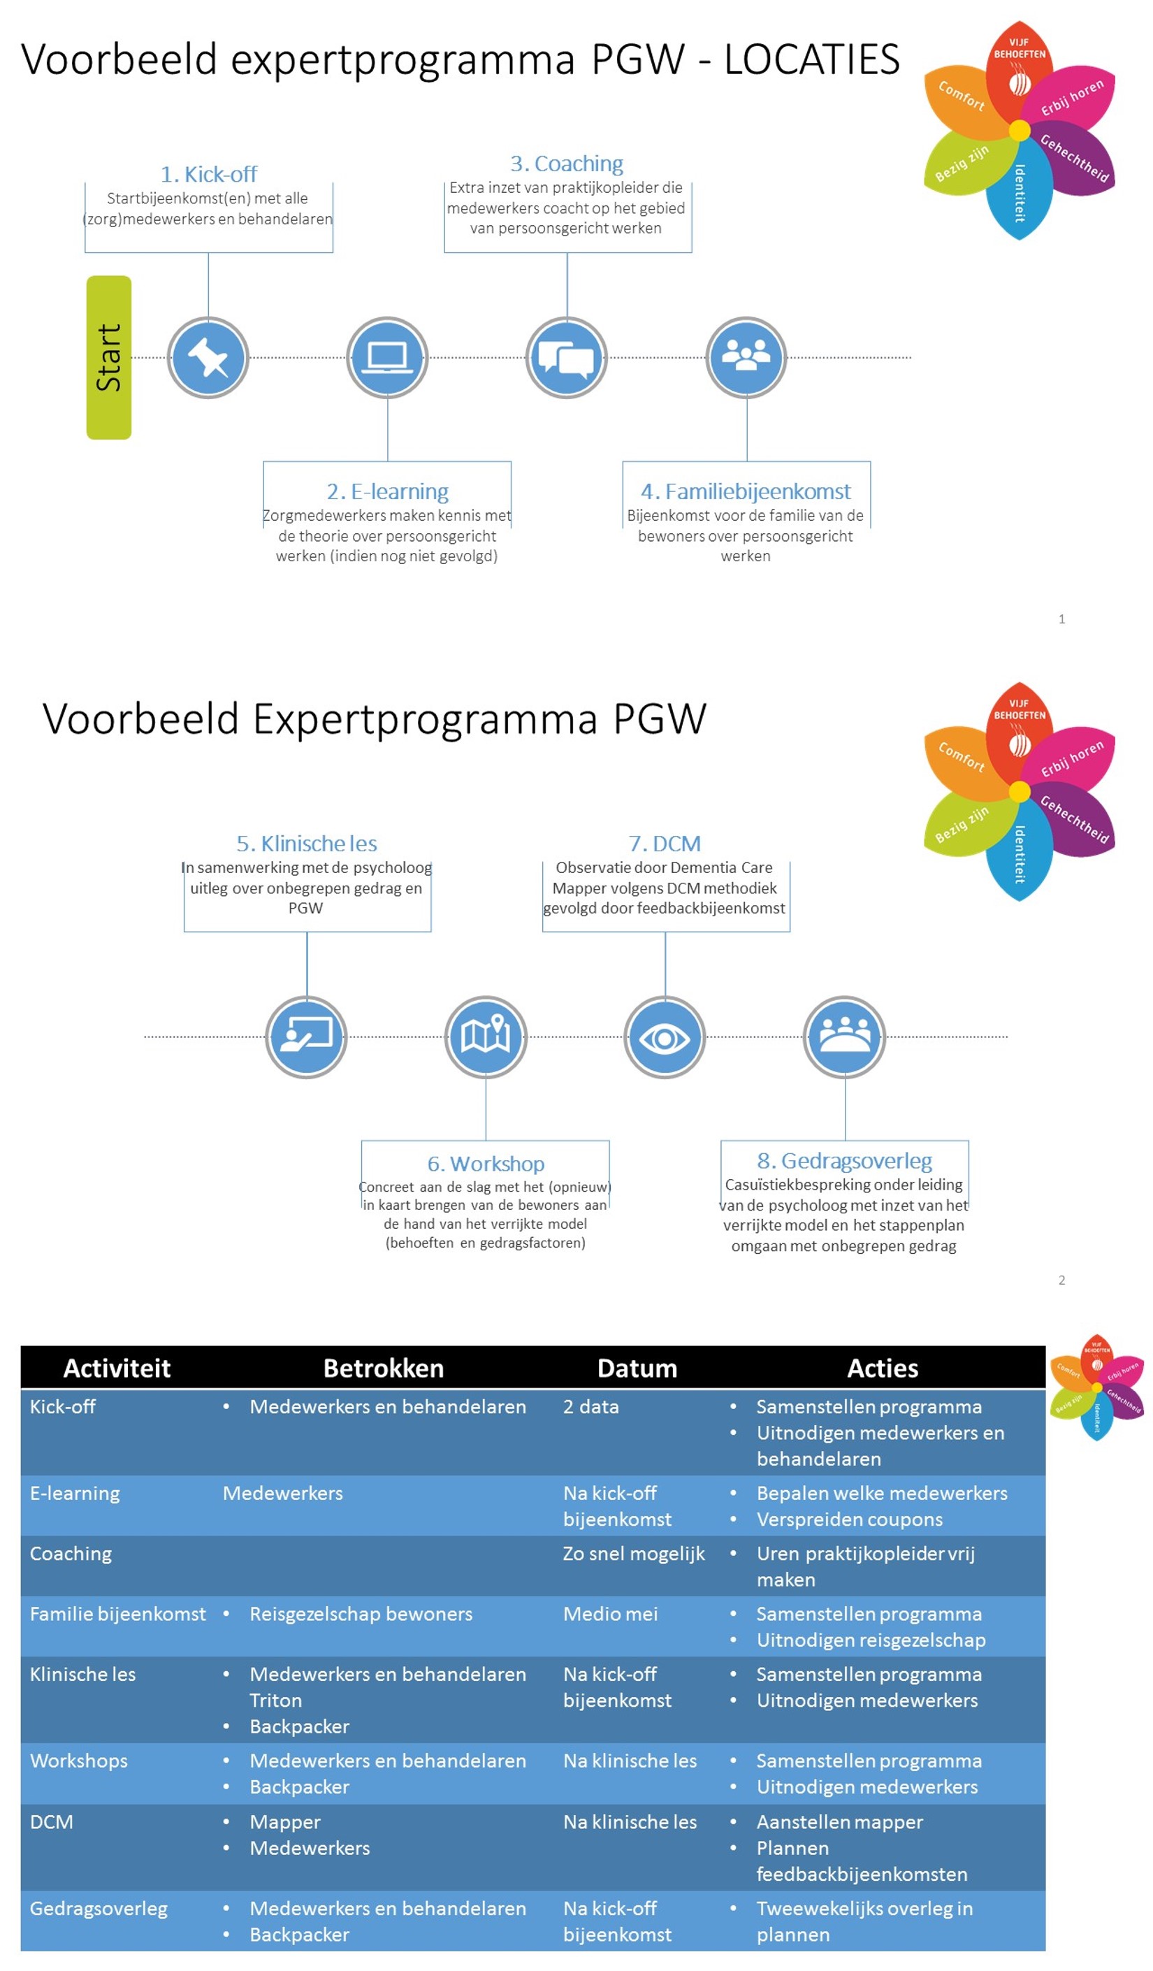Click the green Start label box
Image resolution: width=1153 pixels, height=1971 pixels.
109,356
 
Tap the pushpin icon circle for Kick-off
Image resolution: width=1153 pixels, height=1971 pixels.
208,357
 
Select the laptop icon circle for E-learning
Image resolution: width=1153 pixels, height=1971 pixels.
387,357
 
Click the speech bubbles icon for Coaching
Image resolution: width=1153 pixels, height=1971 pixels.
566,357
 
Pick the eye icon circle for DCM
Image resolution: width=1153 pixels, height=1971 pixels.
665,1037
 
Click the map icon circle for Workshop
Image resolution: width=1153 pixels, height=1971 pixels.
486,1037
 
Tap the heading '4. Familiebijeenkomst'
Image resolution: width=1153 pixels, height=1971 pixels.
746,491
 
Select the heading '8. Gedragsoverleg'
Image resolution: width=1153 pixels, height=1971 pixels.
844,1160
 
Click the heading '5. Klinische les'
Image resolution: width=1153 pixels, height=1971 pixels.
307,843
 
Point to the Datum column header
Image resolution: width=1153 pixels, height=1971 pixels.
637,1368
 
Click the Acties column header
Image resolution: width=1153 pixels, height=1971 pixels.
883,1368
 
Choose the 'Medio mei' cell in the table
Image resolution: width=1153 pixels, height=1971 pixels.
610,1614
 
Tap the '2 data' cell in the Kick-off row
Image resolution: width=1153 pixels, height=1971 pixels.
590,1406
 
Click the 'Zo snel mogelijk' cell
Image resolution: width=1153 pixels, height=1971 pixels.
634,1553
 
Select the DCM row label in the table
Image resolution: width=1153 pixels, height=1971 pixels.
52,1821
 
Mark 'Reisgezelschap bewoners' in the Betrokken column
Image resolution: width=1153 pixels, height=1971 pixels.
361,1614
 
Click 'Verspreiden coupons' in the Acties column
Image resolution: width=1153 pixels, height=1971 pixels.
850,1519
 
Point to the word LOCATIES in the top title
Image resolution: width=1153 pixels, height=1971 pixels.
811,59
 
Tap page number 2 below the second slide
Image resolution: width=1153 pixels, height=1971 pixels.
1061,1280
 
